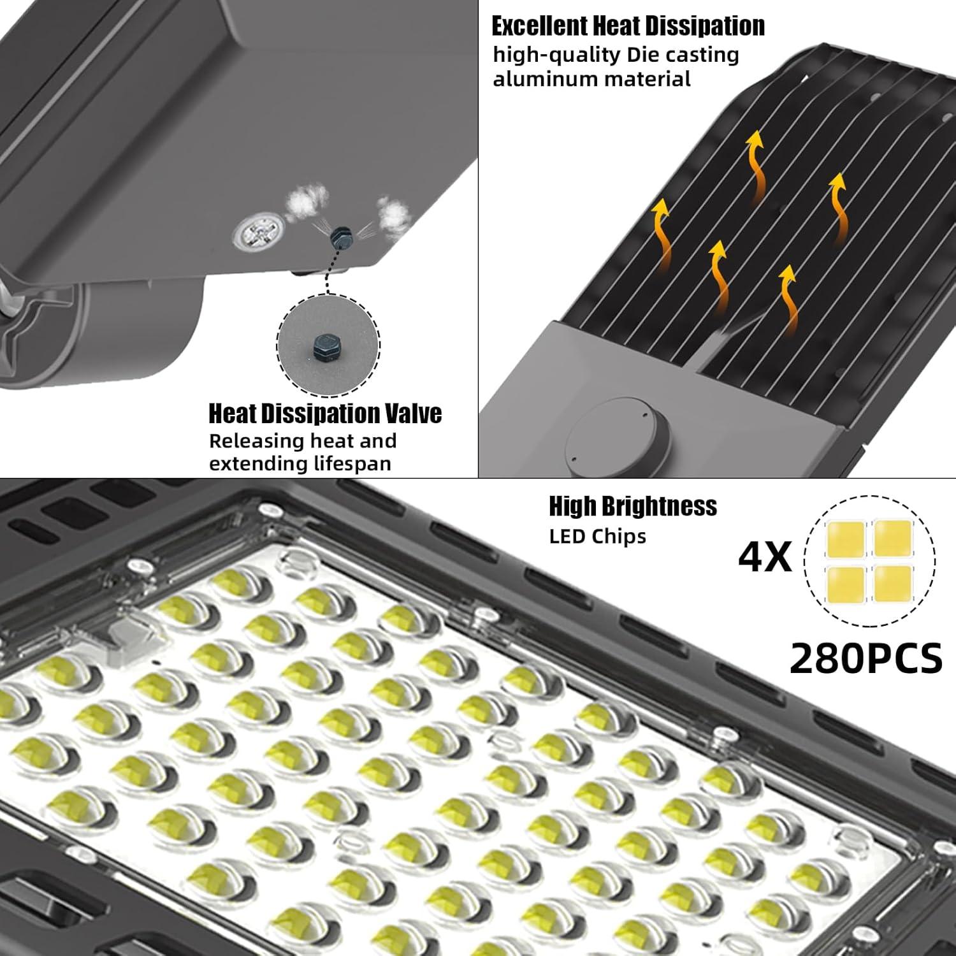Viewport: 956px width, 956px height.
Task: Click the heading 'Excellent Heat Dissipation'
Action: click(x=628, y=26)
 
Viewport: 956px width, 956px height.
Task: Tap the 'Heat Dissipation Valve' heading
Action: click(x=325, y=414)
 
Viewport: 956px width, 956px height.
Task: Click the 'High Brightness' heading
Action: click(x=633, y=506)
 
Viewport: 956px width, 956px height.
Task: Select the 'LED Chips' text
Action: click(x=597, y=537)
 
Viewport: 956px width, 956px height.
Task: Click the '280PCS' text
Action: click(x=865, y=658)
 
